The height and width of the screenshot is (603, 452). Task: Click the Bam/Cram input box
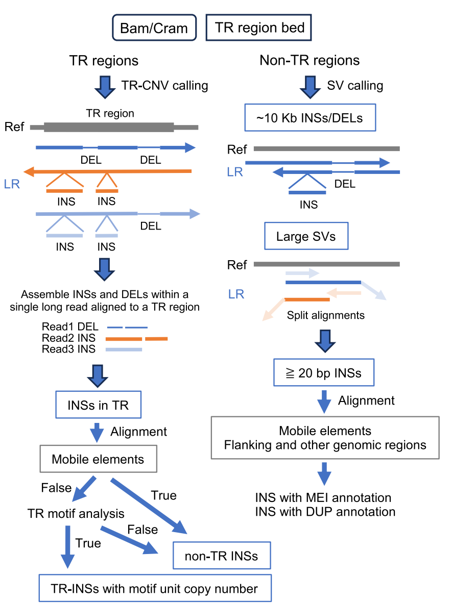coord(154,28)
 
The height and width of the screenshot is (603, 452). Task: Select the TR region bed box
coord(259,28)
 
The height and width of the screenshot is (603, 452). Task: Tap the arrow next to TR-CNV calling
coord(106,86)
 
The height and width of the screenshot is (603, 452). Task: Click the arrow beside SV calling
coord(310,86)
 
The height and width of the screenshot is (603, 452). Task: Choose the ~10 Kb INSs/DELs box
coord(311,118)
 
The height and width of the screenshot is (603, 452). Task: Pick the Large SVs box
coord(306,237)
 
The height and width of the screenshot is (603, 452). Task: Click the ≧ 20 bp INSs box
coord(323,373)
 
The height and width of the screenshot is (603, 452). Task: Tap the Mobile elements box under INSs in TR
coord(98,459)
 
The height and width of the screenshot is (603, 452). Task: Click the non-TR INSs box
coord(222,556)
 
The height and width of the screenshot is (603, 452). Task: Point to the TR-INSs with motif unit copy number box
coord(155,589)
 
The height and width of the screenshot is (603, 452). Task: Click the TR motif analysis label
coord(76,513)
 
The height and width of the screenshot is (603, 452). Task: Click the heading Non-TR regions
coord(310,61)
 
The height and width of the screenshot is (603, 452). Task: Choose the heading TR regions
coord(104,61)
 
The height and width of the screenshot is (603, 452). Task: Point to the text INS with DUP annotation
coord(325,511)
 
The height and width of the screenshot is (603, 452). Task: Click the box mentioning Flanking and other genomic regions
coord(325,438)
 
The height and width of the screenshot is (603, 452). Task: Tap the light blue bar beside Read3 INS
coord(123,349)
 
